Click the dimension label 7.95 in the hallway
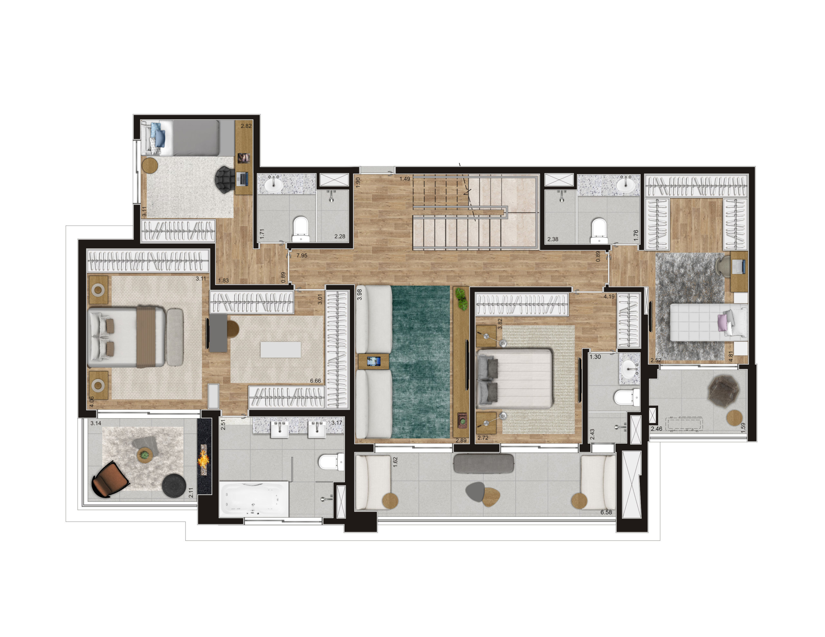point(302,255)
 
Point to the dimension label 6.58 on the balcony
point(606,512)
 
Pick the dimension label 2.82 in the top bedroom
point(246,126)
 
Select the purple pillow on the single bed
point(723,323)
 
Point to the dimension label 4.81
point(731,356)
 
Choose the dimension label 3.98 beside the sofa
point(360,294)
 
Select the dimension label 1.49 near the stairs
point(405,179)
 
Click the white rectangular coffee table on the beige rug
point(281,349)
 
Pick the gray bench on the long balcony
point(483,463)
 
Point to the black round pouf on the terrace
point(174,486)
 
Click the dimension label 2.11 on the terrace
point(191,492)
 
